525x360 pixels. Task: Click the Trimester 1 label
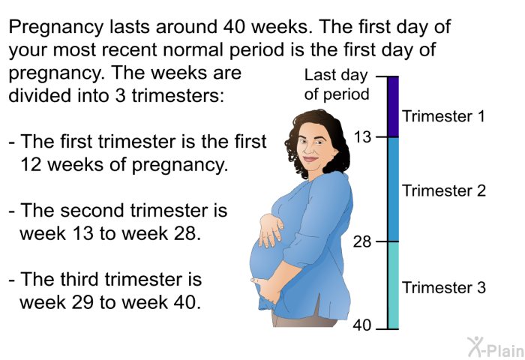point(443,116)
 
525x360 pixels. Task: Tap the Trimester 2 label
point(444,190)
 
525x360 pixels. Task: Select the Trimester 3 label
point(444,287)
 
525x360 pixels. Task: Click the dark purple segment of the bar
point(394,106)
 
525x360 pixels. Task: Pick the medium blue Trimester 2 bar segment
point(394,189)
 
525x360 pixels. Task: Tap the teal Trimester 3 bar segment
point(394,285)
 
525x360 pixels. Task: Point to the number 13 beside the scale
point(362,137)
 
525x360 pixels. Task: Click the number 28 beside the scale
point(362,241)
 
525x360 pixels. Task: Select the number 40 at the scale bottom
point(362,325)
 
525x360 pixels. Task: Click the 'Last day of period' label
point(337,85)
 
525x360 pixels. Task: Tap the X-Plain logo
point(496,346)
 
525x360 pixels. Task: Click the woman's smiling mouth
point(311,159)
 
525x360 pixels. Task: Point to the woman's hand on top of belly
point(271,230)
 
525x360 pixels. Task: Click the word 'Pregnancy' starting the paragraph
point(56,28)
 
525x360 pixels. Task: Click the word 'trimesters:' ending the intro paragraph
point(178,95)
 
